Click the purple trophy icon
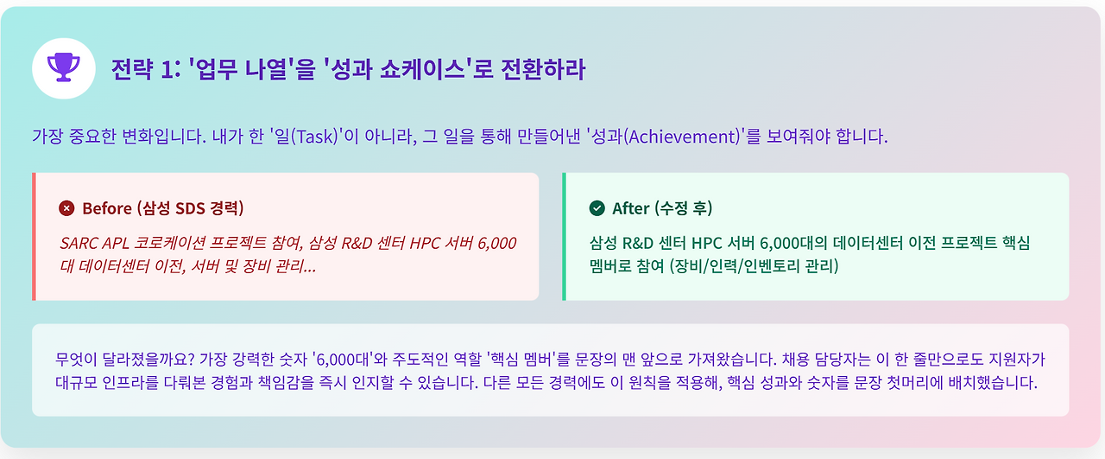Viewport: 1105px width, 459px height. click(63, 68)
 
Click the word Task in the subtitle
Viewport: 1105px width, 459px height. click(314, 137)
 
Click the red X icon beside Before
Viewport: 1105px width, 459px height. click(66, 208)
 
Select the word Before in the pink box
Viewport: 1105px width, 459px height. click(106, 208)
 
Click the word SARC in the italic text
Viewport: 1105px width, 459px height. click(79, 243)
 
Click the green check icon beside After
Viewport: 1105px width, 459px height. click(597, 208)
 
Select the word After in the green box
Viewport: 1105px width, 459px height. click(630, 208)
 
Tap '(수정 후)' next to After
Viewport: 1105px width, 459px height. click(684, 208)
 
